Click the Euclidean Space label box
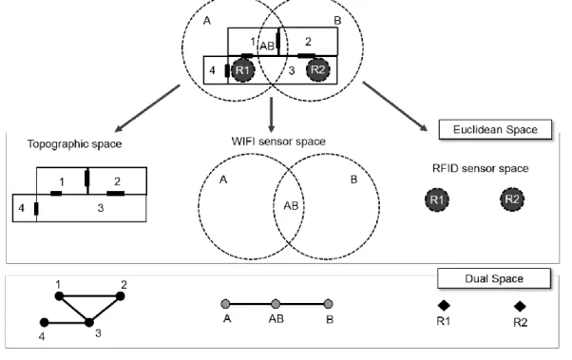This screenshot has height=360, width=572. point(495,129)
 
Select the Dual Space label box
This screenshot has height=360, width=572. point(494,278)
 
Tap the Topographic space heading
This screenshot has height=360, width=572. point(74,144)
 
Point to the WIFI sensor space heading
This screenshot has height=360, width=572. point(278,142)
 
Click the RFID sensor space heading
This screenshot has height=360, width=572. point(480,168)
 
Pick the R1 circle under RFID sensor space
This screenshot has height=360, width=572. point(437,199)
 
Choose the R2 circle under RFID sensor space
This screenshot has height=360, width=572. point(512,199)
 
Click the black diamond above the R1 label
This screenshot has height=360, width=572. point(444,305)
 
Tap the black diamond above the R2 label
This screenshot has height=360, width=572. point(520,306)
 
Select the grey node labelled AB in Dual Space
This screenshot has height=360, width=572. point(276,303)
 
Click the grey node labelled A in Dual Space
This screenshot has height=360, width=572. point(226,303)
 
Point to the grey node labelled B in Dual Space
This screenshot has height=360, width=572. point(329,303)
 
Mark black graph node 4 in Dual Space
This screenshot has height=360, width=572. point(44,322)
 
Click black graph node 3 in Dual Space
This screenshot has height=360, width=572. point(89,322)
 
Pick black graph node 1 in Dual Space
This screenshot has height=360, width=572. point(59,296)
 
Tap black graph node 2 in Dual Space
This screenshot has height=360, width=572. point(120,296)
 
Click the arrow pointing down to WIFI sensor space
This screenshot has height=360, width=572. point(271,115)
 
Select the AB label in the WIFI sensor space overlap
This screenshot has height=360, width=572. point(291,206)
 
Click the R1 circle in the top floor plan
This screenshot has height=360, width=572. point(242,70)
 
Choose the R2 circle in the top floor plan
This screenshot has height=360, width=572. point(318,69)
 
